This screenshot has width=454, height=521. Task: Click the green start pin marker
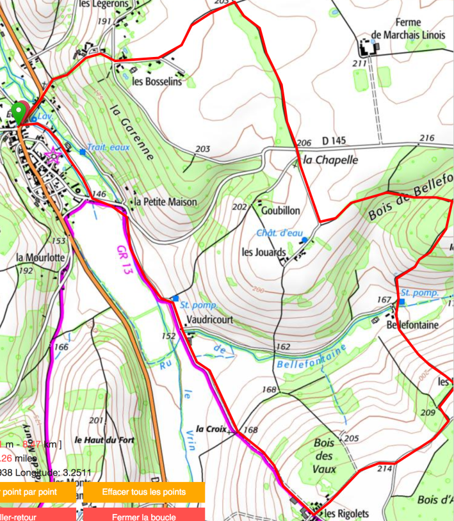pyautogui.click(x=20, y=112)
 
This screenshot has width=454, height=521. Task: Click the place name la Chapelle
pyautogui.click(x=330, y=159)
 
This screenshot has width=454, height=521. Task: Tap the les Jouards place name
pyautogui.click(x=263, y=252)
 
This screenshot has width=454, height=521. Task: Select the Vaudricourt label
pyautogui.click(x=210, y=319)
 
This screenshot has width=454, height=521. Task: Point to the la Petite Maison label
pyautogui.click(x=166, y=202)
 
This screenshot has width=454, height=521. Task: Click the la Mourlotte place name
pyautogui.click(x=40, y=257)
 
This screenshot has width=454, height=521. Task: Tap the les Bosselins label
pyautogui.click(x=157, y=82)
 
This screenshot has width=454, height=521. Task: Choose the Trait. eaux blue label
pyautogui.click(x=108, y=147)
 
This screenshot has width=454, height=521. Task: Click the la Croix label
pyautogui.click(x=211, y=429)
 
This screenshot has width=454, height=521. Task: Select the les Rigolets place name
pyautogui.click(x=348, y=513)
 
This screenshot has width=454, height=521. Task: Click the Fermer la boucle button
pyautogui.click(x=144, y=515)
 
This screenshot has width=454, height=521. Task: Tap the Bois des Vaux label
pyautogui.click(x=325, y=456)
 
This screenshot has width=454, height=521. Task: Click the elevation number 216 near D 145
pyautogui.click(x=426, y=138)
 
